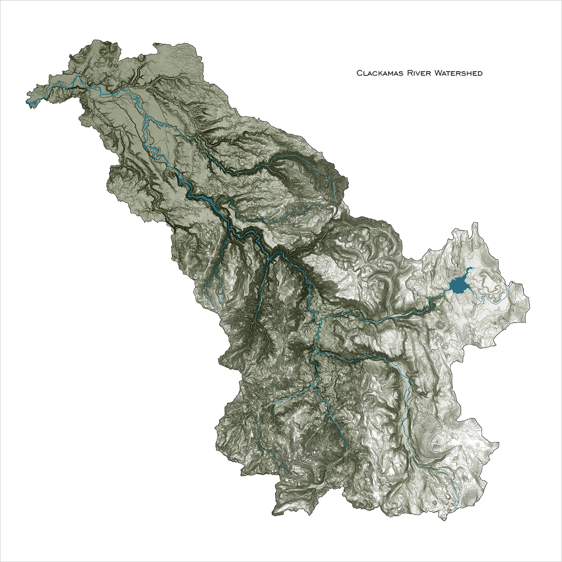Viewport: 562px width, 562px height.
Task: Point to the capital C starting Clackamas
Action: click(x=359, y=73)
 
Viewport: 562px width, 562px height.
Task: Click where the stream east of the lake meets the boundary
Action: click(x=509, y=288)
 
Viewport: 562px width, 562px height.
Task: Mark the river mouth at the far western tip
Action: click(x=29, y=104)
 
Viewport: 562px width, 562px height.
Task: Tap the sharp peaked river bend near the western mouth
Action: click(x=77, y=77)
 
